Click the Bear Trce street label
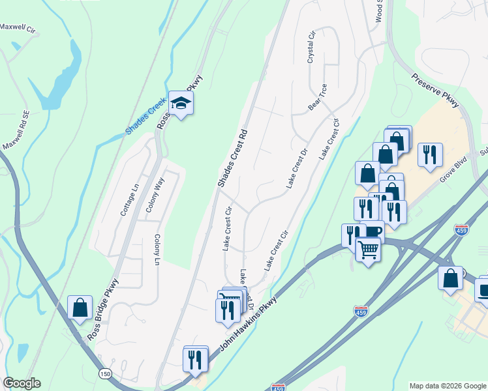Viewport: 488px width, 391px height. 318,96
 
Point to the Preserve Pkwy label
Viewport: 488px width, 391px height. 436,90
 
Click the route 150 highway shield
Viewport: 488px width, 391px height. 104,374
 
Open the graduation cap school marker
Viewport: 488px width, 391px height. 180,103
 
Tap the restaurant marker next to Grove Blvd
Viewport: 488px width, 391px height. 429,155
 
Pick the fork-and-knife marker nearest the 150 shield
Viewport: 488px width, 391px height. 195,360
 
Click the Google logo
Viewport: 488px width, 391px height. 22,383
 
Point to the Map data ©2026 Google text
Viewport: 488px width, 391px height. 447,386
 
